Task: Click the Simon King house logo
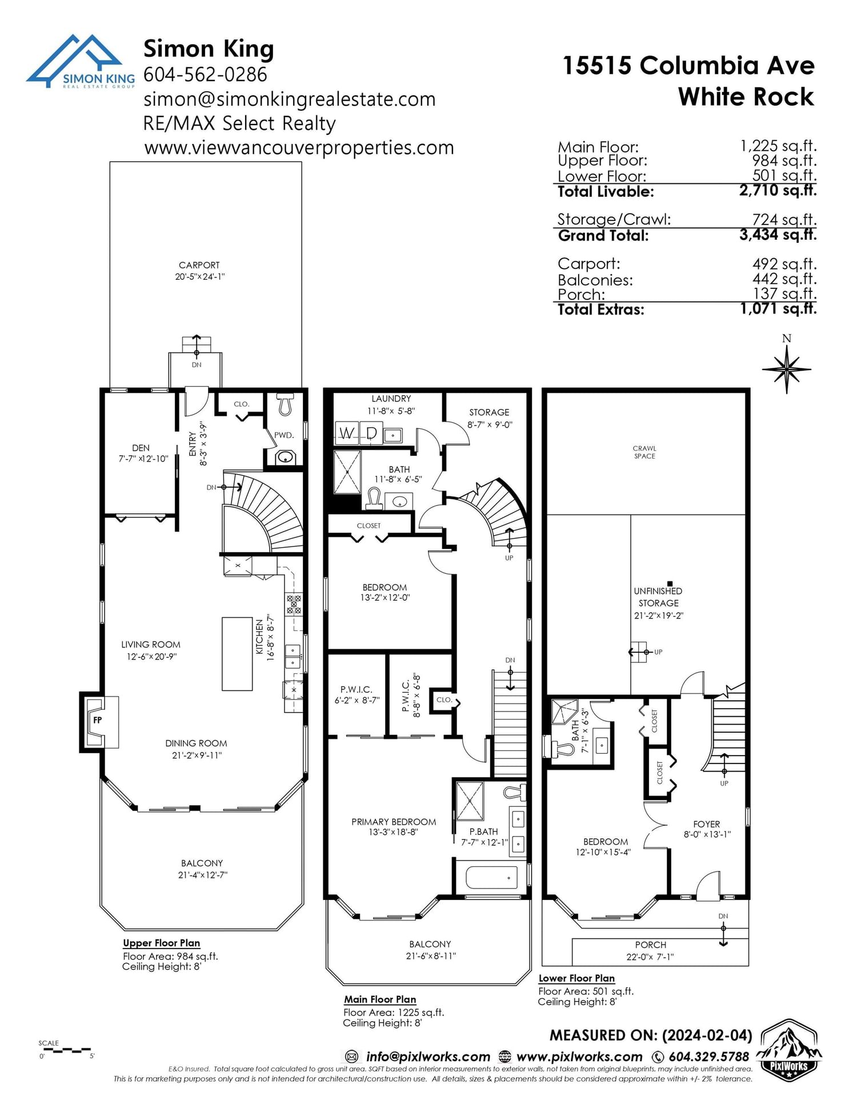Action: point(80,62)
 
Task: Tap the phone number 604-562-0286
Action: point(205,74)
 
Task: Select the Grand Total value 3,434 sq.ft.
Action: point(778,235)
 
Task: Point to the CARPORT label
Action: point(199,265)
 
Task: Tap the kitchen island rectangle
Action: point(237,654)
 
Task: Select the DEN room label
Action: point(141,448)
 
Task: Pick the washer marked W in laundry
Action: point(346,433)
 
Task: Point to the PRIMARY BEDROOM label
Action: point(394,822)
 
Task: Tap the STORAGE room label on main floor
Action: point(489,412)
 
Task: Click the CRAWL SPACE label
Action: point(644,452)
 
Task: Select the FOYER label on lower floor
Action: point(706,824)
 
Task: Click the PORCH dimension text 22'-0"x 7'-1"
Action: point(650,957)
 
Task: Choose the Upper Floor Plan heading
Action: point(162,943)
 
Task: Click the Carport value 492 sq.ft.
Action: point(784,264)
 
